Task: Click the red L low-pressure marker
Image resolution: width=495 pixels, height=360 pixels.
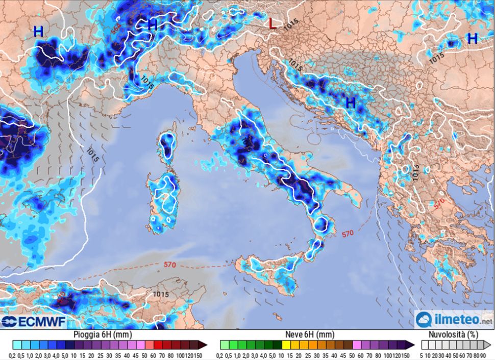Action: pyautogui.click(x=273, y=23)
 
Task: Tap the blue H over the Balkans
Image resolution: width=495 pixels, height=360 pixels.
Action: pyautogui.click(x=351, y=102)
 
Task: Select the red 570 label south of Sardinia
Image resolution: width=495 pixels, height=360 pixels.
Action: pyautogui.click(x=170, y=265)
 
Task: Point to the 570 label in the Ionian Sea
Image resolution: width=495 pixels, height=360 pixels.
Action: pyautogui.click(x=347, y=234)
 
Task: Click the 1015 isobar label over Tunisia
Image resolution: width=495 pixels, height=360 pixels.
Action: pyautogui.click(x=161, y=294)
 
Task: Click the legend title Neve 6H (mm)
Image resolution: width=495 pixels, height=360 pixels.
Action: pyautogui.click(x=312, y=335)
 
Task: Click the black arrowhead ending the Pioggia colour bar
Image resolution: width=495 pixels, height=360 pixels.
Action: pyautogui.click(x=203, y=345)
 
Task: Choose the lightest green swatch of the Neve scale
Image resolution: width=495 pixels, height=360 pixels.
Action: pyautogui.click(x=223, y=345)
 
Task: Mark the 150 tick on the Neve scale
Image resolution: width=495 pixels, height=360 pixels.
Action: pyautogui.click(x=406, y=355)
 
